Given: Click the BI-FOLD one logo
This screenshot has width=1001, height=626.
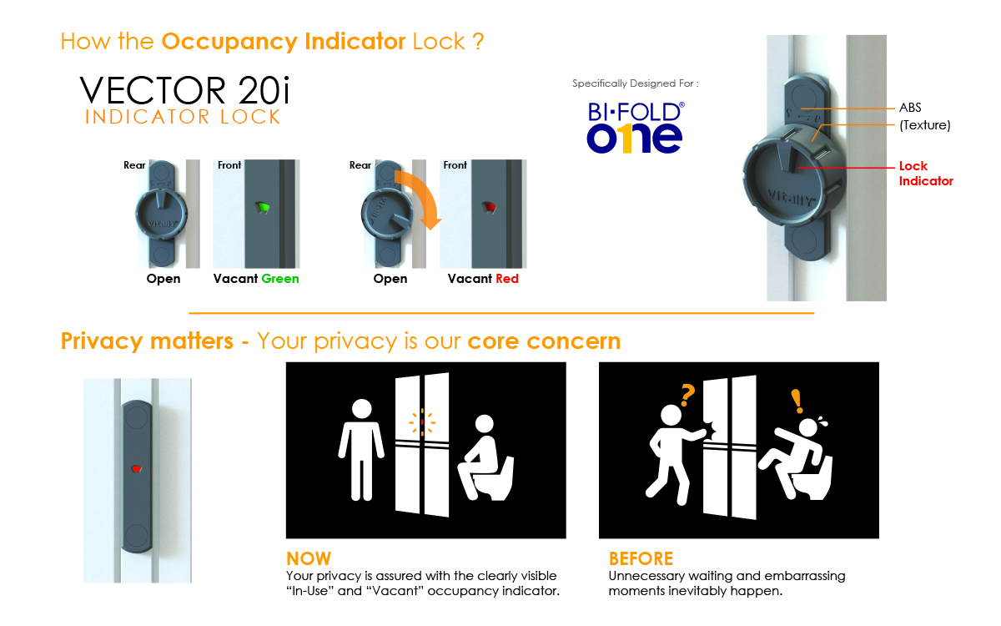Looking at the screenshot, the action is point(635,128).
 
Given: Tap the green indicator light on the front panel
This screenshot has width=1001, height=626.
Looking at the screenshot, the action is point(262,207).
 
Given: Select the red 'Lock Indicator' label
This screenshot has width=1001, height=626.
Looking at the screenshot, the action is point(926,174).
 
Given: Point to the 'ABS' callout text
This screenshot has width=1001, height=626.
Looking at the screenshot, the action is point(910,108).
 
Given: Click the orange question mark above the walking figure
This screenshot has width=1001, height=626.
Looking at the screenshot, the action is point(687,395).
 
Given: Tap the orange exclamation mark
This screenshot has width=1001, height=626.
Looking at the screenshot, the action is point(797,401).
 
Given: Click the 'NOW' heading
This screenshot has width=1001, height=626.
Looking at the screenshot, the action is point(309,558).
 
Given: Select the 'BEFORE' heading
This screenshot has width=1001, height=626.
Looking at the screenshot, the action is point(641,558).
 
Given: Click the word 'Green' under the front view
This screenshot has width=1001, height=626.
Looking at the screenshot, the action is point(280,279).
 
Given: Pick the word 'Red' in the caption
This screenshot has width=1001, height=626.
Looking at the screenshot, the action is point(507,279).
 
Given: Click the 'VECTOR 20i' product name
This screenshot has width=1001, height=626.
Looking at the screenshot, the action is point(185,90).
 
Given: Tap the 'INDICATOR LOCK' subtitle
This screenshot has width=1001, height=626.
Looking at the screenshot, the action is point(183,117).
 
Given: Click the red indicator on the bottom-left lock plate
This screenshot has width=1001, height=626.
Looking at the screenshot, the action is point(136,468).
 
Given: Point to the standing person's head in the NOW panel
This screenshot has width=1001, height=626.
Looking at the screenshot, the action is point(361,409).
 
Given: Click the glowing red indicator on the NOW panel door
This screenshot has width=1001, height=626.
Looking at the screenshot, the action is point(422,422).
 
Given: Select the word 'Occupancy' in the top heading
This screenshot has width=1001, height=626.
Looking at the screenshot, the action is point(229,42).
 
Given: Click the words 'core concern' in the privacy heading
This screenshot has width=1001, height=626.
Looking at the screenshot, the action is point(544,341).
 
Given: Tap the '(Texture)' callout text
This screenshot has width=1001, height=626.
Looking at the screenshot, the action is point(925,124).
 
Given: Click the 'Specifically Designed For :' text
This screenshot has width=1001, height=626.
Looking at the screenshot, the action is point(636,83).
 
